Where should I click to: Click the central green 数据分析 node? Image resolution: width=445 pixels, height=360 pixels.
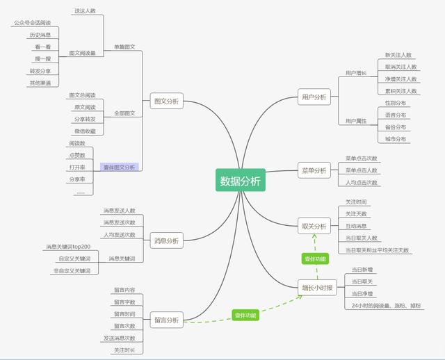pyautogui.click(x=241, y=181)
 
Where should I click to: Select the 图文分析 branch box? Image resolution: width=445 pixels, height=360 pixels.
pyautogui.click(x=166, y=101)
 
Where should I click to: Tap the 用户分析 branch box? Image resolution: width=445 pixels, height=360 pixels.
pyautogui.click(x=314, y=97)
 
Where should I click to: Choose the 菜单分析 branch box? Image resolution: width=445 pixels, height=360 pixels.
pyautogui.click(x=314, y=170)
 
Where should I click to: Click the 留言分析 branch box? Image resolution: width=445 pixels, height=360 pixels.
pyautogui.click(x=166, y=320)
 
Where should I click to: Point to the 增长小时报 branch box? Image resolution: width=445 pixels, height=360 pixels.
pyautogui.click(x=317, y=288)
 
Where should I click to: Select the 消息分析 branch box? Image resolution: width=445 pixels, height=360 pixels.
pyautogui.click(x=166, y=240)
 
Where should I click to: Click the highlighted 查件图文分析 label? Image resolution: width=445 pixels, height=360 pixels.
pyautogui.click(x=120, y=167)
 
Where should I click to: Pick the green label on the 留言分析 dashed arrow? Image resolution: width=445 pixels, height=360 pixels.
pyautogui.click(x=245, y=316)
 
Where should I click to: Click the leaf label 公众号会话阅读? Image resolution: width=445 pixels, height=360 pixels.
pyautogui.click(x=32, y=23)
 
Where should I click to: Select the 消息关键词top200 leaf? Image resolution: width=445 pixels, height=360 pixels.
pyautogui.click(x=68, y=247)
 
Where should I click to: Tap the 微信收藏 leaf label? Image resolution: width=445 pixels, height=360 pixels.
pyautogui.click(x=85, y=131)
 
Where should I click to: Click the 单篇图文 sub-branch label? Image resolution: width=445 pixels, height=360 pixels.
pyautogui.click(x=124, y=47)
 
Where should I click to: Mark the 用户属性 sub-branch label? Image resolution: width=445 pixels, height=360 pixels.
pyautogui.click(x=356, y=121)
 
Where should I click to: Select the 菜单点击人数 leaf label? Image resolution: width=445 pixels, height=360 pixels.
pyautogui.click(x=362, y=170)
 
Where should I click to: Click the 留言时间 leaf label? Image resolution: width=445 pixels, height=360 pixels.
pyautogui.click(x=124, y=314)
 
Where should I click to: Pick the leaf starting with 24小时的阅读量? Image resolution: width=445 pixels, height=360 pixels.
pyautogui.click(x=387, y=305)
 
